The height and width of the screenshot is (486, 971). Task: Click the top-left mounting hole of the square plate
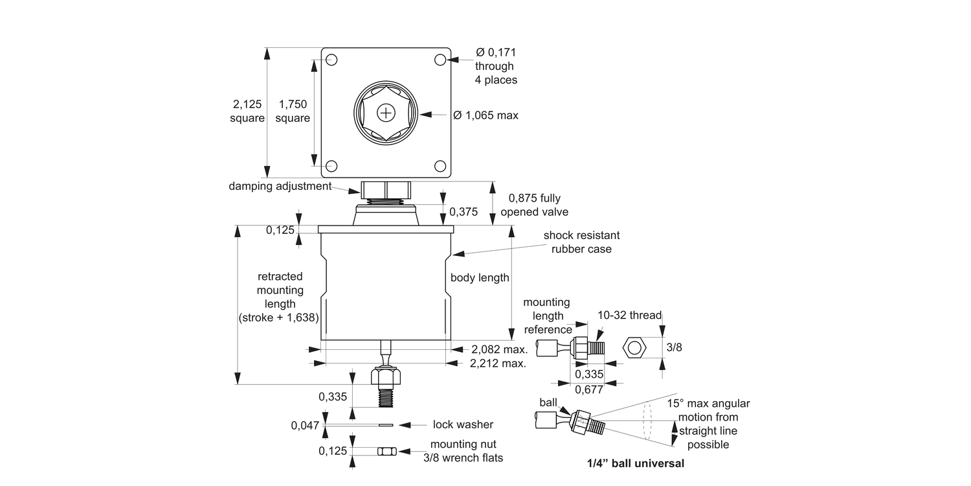(331, 60)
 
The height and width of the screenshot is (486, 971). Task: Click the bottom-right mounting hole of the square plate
(440, 166)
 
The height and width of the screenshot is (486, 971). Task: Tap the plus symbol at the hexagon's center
(386, 113)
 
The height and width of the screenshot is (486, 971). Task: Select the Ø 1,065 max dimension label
(485, 115)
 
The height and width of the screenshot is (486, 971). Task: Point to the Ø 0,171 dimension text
(496, 52)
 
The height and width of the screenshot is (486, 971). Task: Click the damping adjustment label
(280, 186)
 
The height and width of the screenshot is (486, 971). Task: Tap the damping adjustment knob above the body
(386, 190)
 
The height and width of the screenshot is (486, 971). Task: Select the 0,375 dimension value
(463, 212)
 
